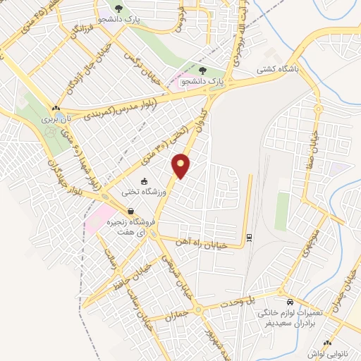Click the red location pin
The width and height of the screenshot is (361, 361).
[x=181, y=166]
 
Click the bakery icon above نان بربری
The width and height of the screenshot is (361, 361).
[x=55, y=108]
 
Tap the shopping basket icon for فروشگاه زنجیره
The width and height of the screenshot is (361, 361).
[x=131, y=211]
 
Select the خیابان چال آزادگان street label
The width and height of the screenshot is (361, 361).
[x=79, y=73]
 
